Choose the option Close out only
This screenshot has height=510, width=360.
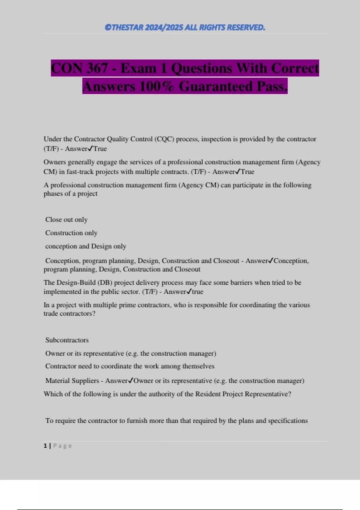click(66, 220)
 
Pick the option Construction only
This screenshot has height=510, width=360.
click(71, 233)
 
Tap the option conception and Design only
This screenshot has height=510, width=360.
click(85, 246)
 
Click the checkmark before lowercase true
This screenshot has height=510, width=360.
click(189, 292)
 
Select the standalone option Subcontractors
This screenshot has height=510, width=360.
click(67, 340)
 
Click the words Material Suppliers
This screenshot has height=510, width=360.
click(72, 381)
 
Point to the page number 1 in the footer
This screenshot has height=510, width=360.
click(45, 446)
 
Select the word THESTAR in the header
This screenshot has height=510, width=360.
click(127, 28)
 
